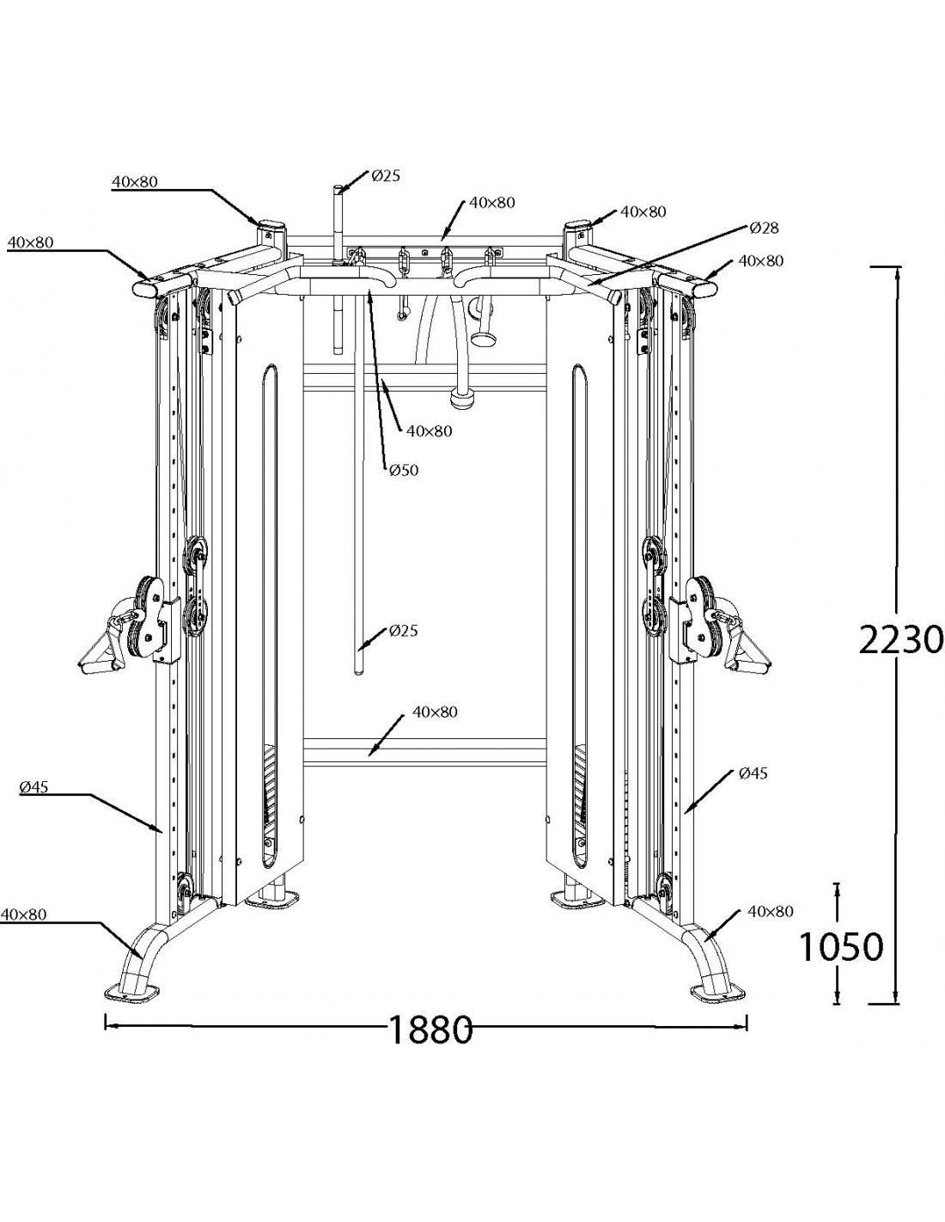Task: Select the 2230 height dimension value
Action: click(901, 639)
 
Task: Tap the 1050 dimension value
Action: click(840, 946)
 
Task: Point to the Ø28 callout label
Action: click(764, 228)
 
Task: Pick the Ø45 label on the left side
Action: click(34, 785)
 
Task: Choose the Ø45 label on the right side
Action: click(753, 773)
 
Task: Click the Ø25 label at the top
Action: click(386, 176)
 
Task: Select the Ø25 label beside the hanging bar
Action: click(403, 631)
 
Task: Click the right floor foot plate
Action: click(718, 990)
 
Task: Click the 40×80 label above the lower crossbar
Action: click(435, 712)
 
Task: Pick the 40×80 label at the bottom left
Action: click(23, 914)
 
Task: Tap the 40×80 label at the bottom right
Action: click(771, 911)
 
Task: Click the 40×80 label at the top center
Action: click(492, 203)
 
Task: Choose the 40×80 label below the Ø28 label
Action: click(761, 260)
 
